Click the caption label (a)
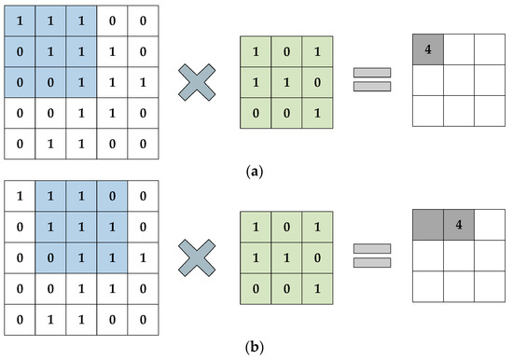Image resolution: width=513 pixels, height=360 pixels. [x=255, y=172]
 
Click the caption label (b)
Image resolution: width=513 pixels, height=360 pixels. [x=255, y=347]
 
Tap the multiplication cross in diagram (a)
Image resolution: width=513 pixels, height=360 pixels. [x=197, y=82]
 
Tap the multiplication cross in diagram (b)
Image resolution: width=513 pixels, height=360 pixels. [x=197, y=258]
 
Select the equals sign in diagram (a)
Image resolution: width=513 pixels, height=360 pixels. [x=372, y=79]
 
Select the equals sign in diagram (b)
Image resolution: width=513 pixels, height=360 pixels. [x=372, y=256]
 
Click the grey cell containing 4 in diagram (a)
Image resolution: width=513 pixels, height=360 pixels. [x=428, y=49]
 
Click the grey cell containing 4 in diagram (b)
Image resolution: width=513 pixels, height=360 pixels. [x=459, y=225]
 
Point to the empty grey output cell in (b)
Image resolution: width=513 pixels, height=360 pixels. [x=428, y=225]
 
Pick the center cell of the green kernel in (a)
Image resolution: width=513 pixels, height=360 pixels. [x=286, y=82]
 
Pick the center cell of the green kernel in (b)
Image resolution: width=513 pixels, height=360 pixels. [x=286, y=258]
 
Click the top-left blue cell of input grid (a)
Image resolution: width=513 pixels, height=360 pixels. [x=20, y=21]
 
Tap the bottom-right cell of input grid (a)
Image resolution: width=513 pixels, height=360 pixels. [x=143, y=144]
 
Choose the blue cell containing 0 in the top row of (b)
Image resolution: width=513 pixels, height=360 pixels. [x=112, y=196]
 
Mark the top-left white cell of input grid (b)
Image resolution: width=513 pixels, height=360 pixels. [x=20, y=196]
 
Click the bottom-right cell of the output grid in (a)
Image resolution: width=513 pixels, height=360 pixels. [x=490, y=111]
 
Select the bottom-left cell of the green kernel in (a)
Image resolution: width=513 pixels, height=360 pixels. [x=256, y=113]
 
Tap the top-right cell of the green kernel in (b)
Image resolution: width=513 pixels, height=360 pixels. [x=317, y=227]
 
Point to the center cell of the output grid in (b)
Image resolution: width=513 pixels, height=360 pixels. [x=459, y=256]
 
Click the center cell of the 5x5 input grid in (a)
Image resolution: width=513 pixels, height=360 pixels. [x=81, y=82]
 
